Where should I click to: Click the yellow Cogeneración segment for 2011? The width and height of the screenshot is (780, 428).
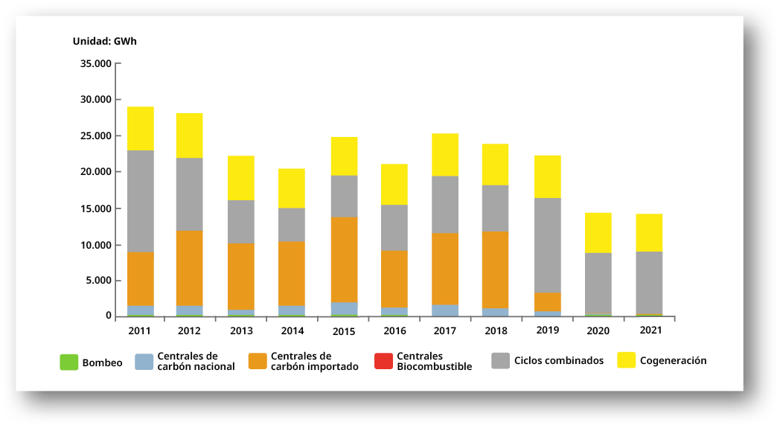coord(140,129)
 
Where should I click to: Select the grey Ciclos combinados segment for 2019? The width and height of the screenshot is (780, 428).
coord(547,245)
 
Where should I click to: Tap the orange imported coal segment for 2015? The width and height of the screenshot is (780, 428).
coord(344,260)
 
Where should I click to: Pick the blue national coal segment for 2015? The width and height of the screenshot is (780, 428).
coord(344,309)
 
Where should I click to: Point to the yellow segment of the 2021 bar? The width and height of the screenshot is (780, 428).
coord(649,232)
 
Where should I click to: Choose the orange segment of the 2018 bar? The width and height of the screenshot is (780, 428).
coord(495,269)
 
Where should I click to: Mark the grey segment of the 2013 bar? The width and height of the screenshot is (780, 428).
coord(241,222)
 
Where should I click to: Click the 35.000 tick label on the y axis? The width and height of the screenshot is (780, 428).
coord(95,63)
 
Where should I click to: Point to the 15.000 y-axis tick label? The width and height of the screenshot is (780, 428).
coord(95,208)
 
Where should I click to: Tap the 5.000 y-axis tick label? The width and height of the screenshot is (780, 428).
coord(98,281)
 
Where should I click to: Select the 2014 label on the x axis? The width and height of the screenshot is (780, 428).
coord(292,329)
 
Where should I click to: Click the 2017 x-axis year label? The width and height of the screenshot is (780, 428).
coord(444,329)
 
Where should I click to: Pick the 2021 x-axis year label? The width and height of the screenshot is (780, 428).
coord(650,329)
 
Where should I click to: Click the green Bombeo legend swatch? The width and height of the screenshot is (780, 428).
coord(68,362)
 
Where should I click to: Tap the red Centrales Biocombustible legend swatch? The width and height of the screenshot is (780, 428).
coord(383,361)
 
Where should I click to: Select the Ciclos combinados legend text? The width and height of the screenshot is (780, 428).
coord(559,361)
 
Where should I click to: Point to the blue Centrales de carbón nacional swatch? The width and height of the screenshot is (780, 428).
coord(144,362)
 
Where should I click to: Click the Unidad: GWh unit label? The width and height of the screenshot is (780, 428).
coord(104,42)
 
